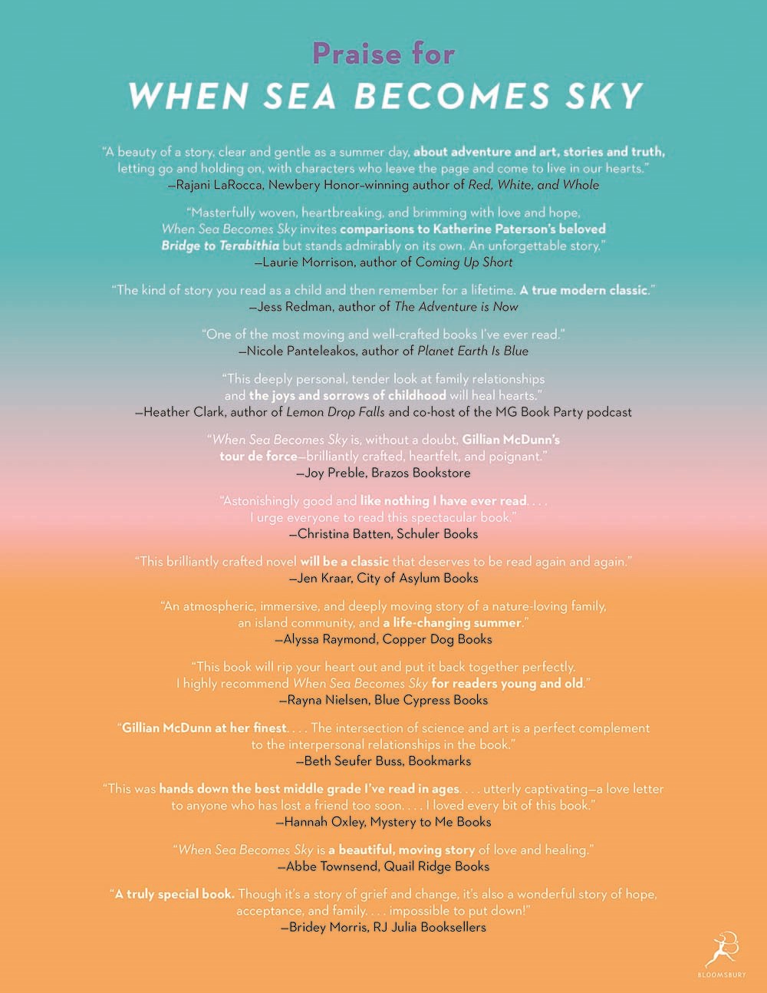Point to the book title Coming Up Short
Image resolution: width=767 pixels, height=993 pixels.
[x=464, y=262]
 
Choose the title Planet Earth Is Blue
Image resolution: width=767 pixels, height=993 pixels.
[x=472, y=351]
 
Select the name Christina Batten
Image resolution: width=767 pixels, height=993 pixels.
[x=342, y=534]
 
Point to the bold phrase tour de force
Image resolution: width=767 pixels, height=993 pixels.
[x=258, y=456]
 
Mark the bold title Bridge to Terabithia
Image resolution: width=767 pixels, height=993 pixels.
[x=220, y=246]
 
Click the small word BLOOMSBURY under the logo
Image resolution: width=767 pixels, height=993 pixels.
[x=722, y=975]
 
